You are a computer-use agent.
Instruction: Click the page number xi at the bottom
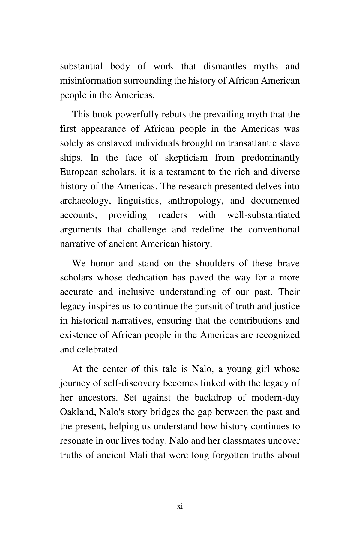(180, 506)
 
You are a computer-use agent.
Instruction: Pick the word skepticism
(186, 157)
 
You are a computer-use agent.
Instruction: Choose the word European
(79, 172)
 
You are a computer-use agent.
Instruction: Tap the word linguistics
(139, 201)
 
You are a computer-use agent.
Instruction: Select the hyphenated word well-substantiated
(263, 215)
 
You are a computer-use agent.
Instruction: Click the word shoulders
(215, 263)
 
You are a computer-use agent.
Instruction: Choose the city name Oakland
(78, 412)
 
